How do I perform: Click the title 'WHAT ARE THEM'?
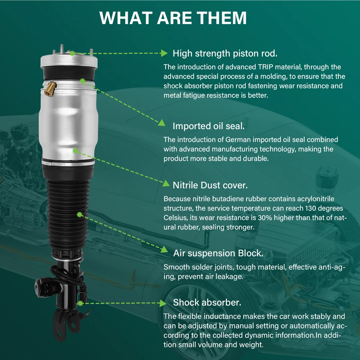173,18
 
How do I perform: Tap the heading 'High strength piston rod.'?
225,53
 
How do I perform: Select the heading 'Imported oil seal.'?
208,126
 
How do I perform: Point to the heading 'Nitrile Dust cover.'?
210,185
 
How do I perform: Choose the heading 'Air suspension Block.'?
218,253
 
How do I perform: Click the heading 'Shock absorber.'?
207,302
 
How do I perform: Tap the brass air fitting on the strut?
50,89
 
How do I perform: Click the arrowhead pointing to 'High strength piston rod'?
164,53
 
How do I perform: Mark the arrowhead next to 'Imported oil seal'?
162,123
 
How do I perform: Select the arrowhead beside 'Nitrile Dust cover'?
166,184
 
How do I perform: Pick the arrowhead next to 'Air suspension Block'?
165,249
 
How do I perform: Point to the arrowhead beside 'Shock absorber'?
163,303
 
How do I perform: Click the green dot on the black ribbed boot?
80,215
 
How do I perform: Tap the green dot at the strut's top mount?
72,54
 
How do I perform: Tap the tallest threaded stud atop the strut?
62,49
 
